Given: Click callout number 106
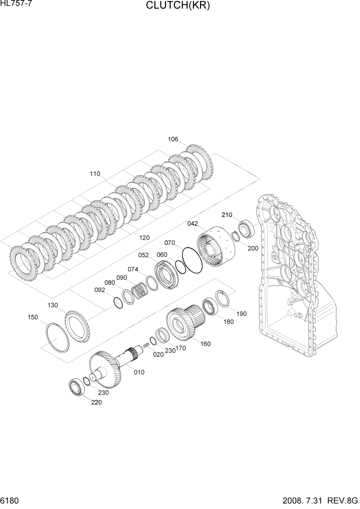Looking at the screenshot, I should [173, 139].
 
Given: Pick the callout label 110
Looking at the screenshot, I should [95, 173].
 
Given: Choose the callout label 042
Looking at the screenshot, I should [192, 224].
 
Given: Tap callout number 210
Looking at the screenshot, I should [227, 214].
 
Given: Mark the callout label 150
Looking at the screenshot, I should [33, 317].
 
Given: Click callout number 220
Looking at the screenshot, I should [96, 402].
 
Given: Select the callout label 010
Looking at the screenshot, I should [139, 372].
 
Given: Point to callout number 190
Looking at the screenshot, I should [241, 313].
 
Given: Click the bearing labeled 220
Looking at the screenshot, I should [76, 386].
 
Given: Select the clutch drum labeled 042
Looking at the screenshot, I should [215, 247].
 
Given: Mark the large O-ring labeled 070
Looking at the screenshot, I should [191, 260].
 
